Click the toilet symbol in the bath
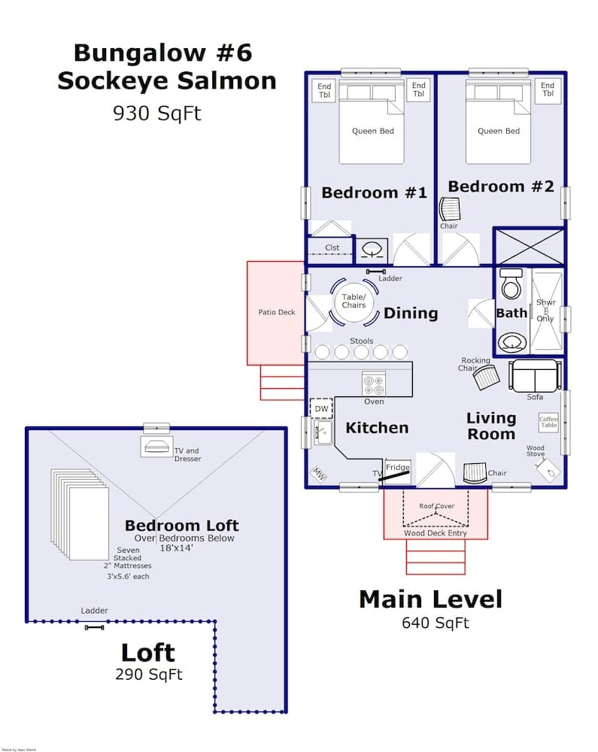[x=511, y=284]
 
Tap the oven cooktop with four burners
[x=374, y=384]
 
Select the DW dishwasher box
[x=321, y=408]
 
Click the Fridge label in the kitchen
[x=398, y=468]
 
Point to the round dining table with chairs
[x=354, y=301]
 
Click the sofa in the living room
[x=535, y=375]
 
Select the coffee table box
[x=548, y=423]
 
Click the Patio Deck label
[x=277, y=312]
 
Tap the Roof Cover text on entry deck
[x=436, y=506]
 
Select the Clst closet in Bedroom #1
[x=332, y=247]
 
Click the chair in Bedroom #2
[x=449, y=208]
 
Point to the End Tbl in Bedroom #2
[x=548, y=90]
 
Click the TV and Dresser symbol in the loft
[x=156, y=445]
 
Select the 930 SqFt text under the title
[x=156, y=113]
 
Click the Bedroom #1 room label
[x=374, y=193]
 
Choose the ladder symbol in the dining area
[x=375, y=271]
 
